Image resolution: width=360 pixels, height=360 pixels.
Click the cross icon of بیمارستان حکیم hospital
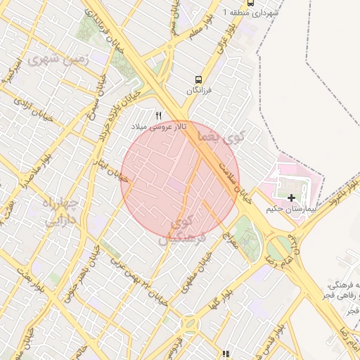point(292,199)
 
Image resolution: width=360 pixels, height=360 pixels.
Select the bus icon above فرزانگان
point(200,79)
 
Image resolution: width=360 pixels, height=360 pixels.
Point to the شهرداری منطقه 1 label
point(251,13)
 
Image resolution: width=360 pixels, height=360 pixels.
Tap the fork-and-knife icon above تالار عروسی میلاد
point(159,115)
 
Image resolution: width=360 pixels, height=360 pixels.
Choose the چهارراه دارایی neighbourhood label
point(64,212)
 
